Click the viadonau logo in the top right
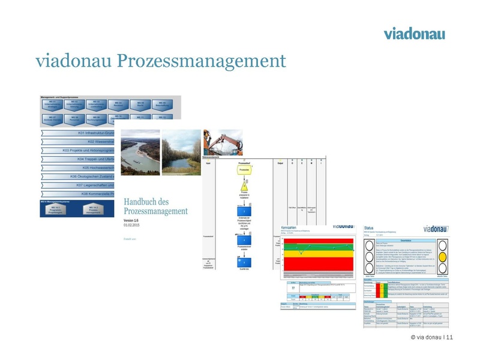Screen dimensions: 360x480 coord(414,33)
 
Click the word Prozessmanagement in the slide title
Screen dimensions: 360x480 coord(201,61)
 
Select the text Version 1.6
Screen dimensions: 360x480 coord(135,220)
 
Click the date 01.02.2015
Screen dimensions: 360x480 coord(133,225)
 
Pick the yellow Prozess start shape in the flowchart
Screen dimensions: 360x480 coord(244,170)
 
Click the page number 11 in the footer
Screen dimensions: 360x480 coord(450,337)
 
